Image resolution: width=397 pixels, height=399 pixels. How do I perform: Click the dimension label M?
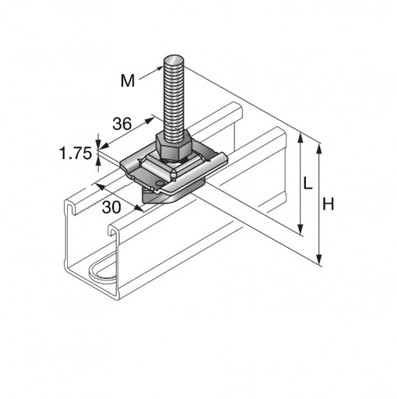(x=128, y=80)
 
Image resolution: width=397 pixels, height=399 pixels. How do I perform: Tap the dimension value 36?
(x=122, y=124)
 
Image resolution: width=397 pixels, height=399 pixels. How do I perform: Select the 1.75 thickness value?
(x=76, y=153)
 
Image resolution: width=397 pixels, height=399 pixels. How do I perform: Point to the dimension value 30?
(x=111, y=207)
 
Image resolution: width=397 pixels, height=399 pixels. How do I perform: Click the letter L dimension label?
(x=307, y=183)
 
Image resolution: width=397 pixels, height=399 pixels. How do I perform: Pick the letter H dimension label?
(x=328, y=203)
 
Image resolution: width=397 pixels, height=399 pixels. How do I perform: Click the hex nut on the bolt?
(x=174, y=146)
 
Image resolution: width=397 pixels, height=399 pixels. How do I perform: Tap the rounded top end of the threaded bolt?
(x=174, y=60)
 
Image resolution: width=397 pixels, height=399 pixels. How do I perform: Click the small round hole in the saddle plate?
(x=159, y=184)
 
